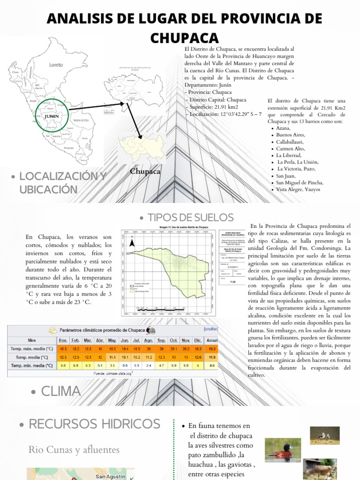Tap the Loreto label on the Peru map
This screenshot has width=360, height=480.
pos(56,65)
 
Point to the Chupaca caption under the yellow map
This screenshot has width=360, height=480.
pos(145,172)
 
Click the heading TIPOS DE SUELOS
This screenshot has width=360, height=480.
pos(190,217)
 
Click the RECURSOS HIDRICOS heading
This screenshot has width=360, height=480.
pos(94,424)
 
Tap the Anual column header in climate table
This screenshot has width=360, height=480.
pos(212,340)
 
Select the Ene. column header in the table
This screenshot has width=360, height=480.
pos(63,340)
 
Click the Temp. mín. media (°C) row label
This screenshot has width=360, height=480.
pos(31,366)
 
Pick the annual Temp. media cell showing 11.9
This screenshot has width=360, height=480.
pos(212,357)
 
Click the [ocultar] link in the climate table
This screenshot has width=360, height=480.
pos(210,330)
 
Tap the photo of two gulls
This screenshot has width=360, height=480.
pos(325,435)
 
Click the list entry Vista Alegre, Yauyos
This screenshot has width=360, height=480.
pos(298,189)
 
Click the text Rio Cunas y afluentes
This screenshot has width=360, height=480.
pos(74,450)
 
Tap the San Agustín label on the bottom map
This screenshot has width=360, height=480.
pos(110,477)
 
